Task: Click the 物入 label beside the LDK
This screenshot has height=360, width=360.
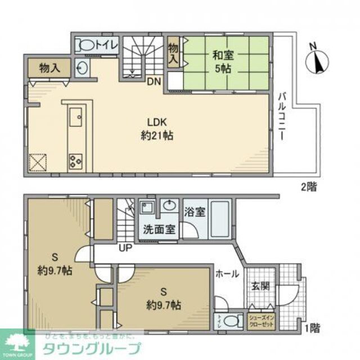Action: click(49, 67)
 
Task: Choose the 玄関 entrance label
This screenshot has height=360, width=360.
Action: click(260, 286)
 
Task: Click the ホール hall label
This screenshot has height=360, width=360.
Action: click(228, 274)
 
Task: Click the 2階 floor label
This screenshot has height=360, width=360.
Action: click(308, 187)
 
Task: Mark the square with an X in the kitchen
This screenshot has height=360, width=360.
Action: click(39, 161)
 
